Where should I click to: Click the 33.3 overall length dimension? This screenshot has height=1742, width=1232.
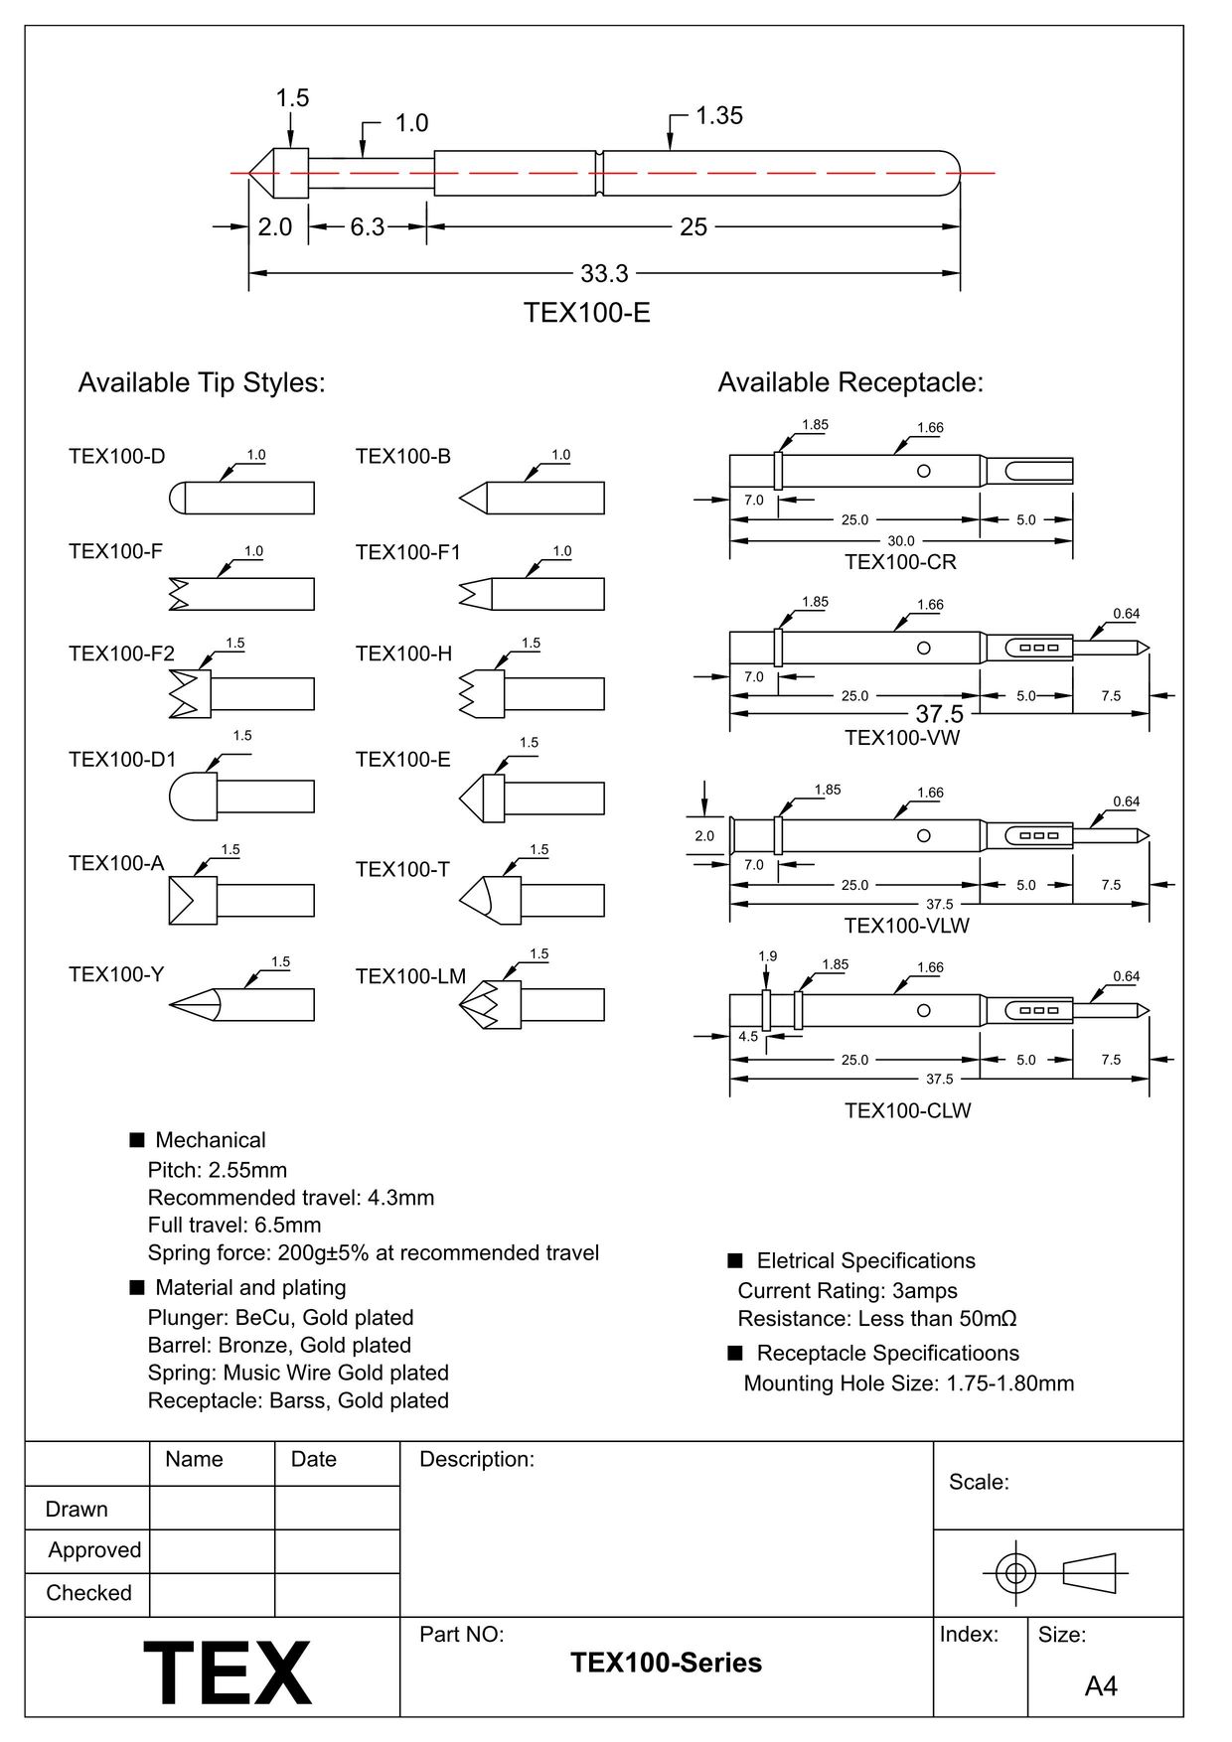(x=603, y=273)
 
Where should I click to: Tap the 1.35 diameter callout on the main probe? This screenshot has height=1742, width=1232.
(x=718, y=116)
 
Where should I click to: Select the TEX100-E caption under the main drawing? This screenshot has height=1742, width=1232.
(x=586, y=313)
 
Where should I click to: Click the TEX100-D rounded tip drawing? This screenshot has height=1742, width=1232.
(x=241, y=498)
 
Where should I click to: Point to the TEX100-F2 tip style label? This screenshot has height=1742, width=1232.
(x=121, y=653)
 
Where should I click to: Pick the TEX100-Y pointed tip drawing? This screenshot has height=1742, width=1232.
(x=241, y=1005)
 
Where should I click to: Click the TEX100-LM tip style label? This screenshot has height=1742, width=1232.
(x=410, y=976)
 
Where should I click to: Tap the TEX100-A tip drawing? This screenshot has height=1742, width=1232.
(x=241, y=901)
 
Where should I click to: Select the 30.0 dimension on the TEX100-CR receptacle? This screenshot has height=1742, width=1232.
(x=900, y=541)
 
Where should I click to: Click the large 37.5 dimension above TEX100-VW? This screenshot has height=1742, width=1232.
(x=939, y=714)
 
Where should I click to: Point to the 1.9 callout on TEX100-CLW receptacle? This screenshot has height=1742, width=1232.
(x=767, y=956)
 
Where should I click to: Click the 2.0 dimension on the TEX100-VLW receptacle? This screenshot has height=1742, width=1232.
(x=704, y=836)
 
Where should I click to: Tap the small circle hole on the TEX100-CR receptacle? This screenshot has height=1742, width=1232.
(x=923, y=471)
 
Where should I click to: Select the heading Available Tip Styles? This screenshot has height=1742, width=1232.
(x=202, y=382)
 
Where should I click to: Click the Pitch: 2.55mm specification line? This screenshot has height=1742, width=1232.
(x=218, y=1170)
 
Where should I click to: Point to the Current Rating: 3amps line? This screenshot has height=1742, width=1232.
(x=847, y=1291)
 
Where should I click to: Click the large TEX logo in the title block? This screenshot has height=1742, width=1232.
(x=228, y=1672)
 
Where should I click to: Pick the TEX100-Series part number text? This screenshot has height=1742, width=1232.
(x=666, y=1663)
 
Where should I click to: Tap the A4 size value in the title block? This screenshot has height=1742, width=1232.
(x=1101, y=1686)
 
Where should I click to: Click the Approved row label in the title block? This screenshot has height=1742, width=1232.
(x=94, y=1550)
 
